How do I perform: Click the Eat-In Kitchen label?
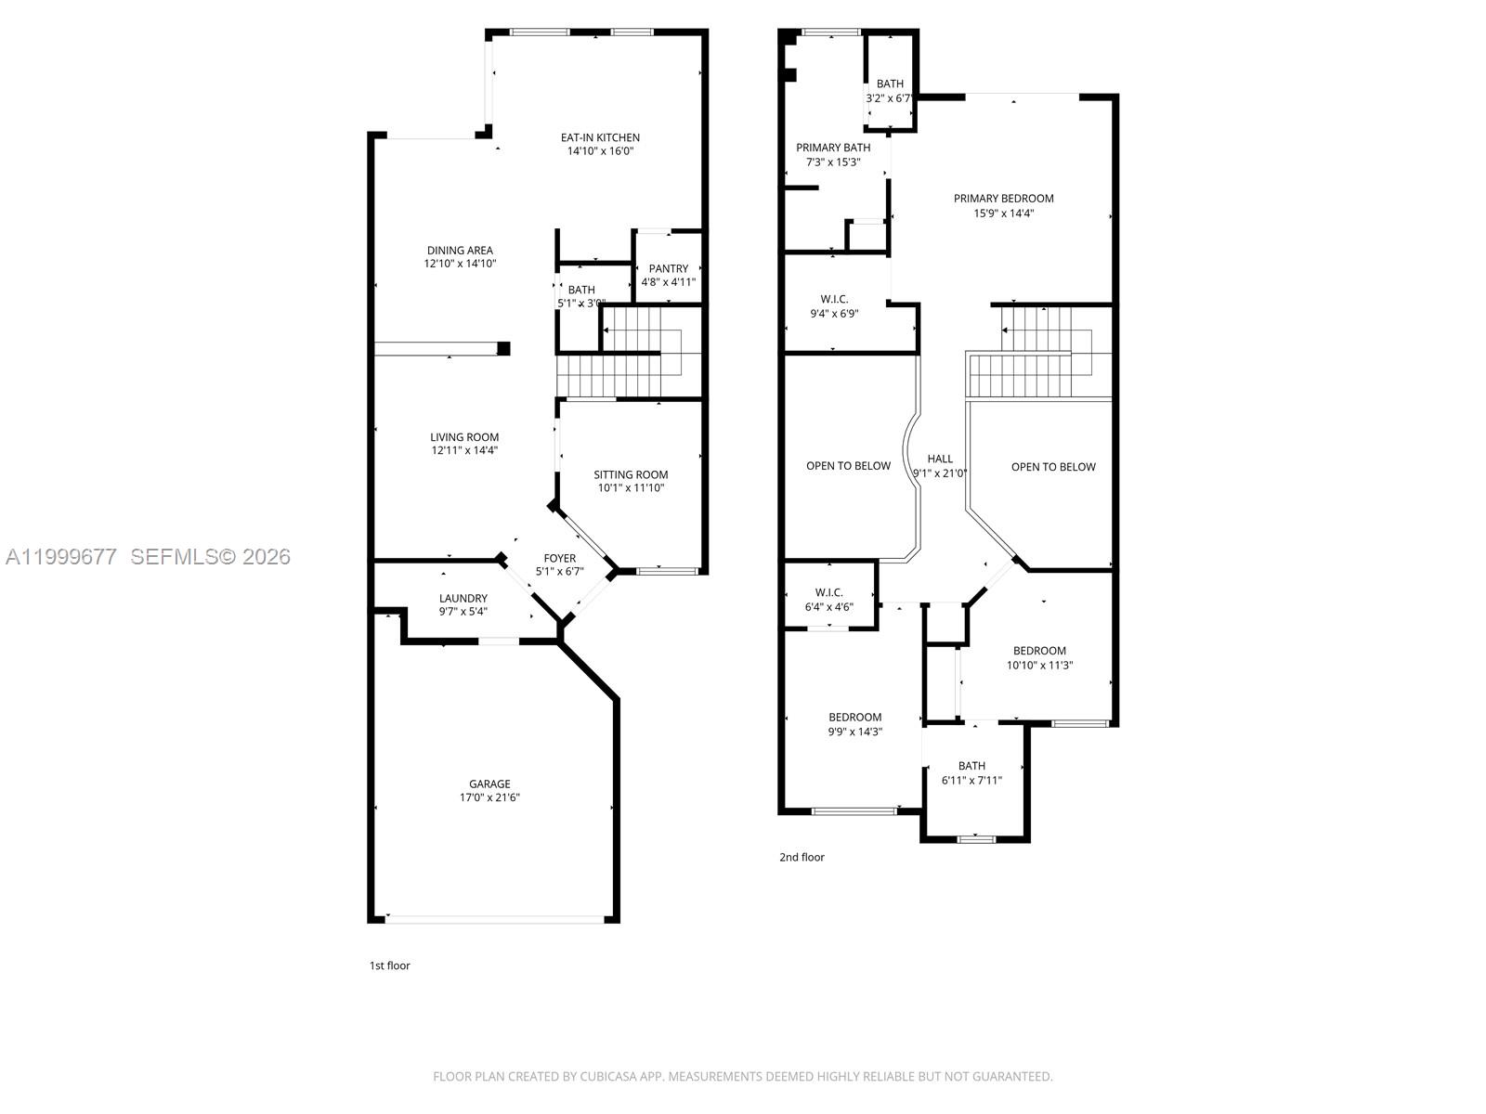tap(600, 137)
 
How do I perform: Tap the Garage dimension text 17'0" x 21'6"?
tap(489, 797)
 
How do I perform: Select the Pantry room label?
tap(669, 268)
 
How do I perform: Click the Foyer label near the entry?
tap(560, 558)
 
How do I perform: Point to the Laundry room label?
tap(463, 598)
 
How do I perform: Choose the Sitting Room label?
tap(631, 474)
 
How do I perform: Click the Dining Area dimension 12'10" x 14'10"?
tap(460, 264)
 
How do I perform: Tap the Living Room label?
tap(464, 437)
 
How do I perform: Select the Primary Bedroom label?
tap(1004, 198)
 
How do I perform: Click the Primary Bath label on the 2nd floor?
tap(833, 148)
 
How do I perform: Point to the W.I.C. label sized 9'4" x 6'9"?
tap(834, 299)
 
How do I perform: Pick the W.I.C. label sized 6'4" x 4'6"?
tap(828, 592)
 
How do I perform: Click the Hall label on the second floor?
tap(940, 459)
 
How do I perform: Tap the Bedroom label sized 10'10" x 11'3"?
tap(1039, 651)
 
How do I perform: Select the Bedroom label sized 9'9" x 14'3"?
tap(855, 717)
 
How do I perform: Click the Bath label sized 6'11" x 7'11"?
tap(971, 766)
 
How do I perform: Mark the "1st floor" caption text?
tap(389, 965)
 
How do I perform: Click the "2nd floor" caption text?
tap(802, 857)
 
